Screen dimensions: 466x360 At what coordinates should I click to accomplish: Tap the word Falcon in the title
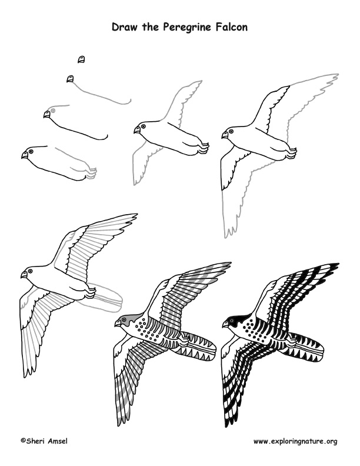[230, 26]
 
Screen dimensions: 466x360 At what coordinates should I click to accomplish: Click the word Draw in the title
[125, 26]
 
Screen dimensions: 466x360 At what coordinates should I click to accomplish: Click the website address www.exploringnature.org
[295, 441]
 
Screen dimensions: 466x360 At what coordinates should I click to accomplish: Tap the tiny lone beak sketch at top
[81, 59]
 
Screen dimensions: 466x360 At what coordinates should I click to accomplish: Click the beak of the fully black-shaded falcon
[226, 324]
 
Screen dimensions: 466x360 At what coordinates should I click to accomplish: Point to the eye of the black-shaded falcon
[233, 321]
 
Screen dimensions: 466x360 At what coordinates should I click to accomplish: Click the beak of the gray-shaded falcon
[118, 324]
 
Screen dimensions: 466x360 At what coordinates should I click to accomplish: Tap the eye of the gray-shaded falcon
[125, 320]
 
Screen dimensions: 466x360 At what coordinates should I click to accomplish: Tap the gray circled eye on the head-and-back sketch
[54, 110]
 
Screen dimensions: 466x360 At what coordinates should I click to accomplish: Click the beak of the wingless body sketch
[24, 156]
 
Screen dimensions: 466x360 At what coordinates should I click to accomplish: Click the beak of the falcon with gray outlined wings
[137, 129]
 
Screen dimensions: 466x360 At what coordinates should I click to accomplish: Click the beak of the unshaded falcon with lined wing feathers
[24, 275]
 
